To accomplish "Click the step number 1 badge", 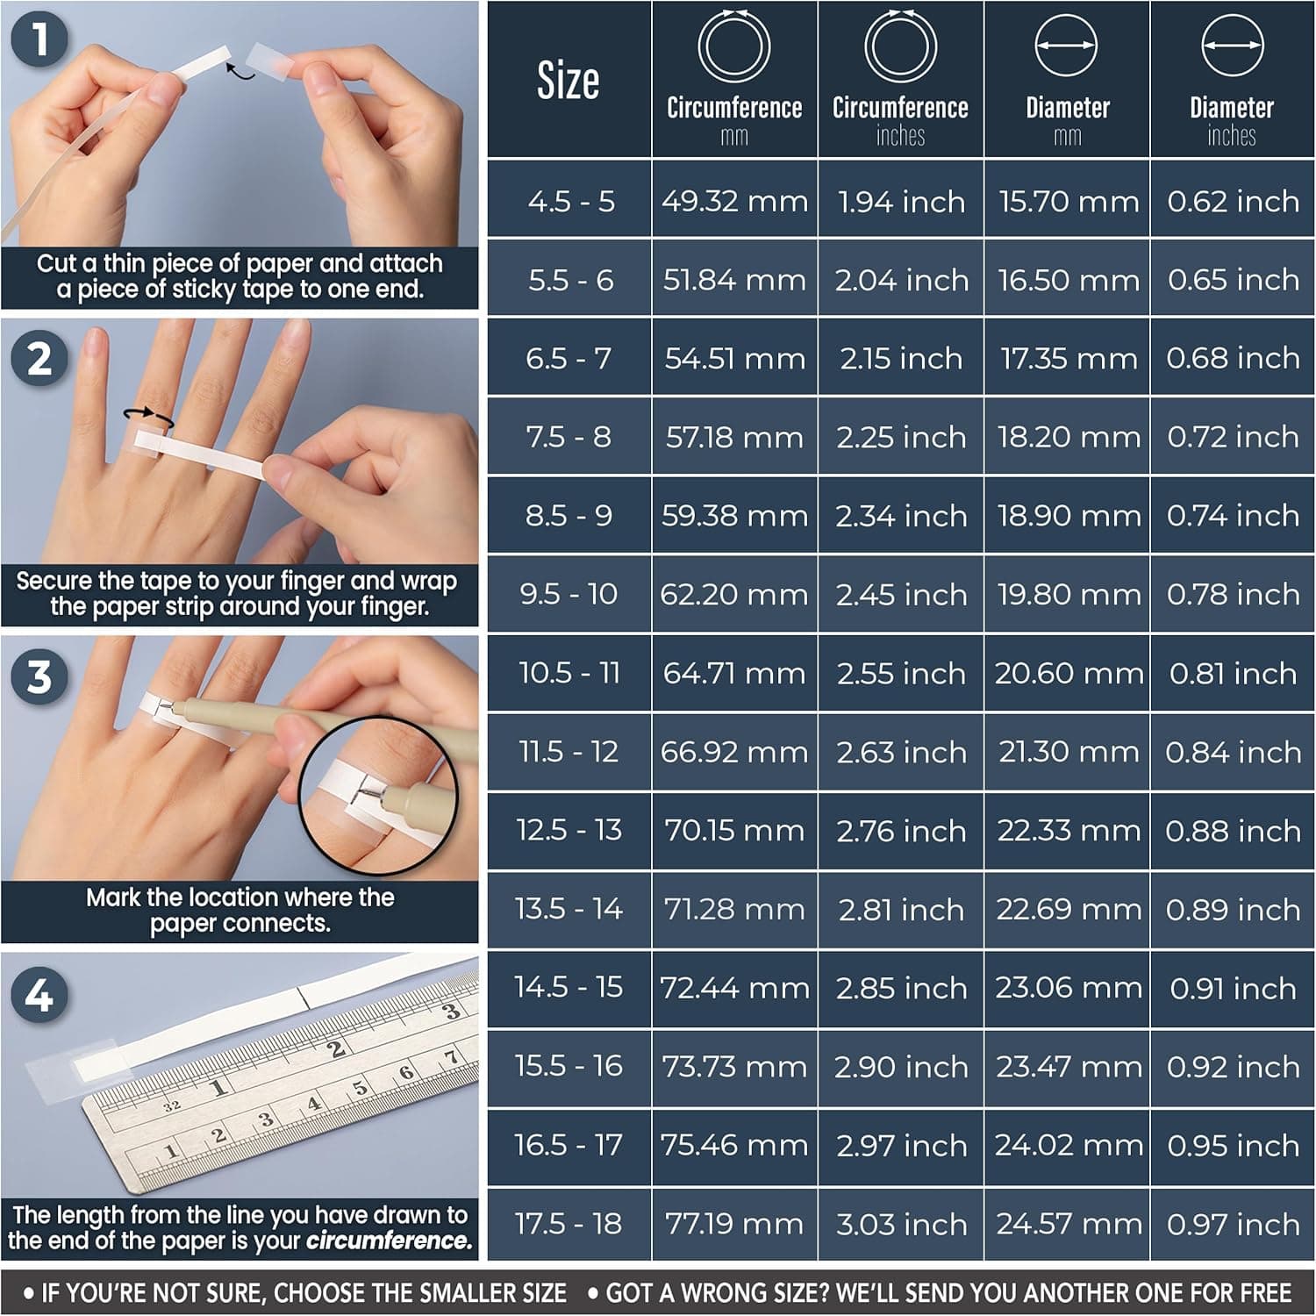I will (39, 39).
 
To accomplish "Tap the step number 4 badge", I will (39, 995).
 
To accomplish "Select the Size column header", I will (569, 81).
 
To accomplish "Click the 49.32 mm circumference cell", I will (734, 201).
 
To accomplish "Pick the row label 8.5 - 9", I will (569, 515).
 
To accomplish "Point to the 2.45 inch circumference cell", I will (901, 594).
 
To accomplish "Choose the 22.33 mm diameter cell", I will (1068, 830).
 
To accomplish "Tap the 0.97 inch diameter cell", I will (1233, 1223).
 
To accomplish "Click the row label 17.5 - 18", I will (569, 1223).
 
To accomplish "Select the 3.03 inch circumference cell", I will (901, 1223).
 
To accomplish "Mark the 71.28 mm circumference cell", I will (734, 909).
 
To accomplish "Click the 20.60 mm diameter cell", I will (1068, 673).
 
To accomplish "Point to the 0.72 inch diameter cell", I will (1233, 436).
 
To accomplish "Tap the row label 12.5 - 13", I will (569, 830).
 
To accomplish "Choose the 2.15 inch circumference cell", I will (901, 358).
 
